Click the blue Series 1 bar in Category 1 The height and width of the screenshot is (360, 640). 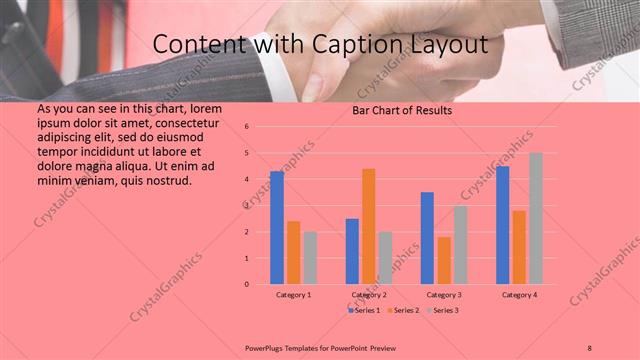(x=277, y=228)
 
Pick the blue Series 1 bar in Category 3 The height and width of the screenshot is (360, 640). (x=427, y=238)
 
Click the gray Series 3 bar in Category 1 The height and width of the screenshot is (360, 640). (x=310, y=258)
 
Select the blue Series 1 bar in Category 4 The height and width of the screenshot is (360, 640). (x=503, y=225)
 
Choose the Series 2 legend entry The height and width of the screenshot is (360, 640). (x=404, y=311)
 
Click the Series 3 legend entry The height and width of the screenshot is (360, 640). (x=446, y=311)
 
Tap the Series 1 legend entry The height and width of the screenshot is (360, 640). (x=364, y=311)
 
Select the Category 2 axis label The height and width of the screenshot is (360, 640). (x=369, y=295)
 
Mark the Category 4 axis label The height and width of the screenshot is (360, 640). (x=519, y=295)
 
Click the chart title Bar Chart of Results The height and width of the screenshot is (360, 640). (x=402, y=110)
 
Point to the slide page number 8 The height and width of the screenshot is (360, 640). (x=590, y=346)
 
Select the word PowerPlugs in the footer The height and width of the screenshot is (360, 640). (x=265, y=346)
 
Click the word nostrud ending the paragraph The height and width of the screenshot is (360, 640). (x=164, y=180)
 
